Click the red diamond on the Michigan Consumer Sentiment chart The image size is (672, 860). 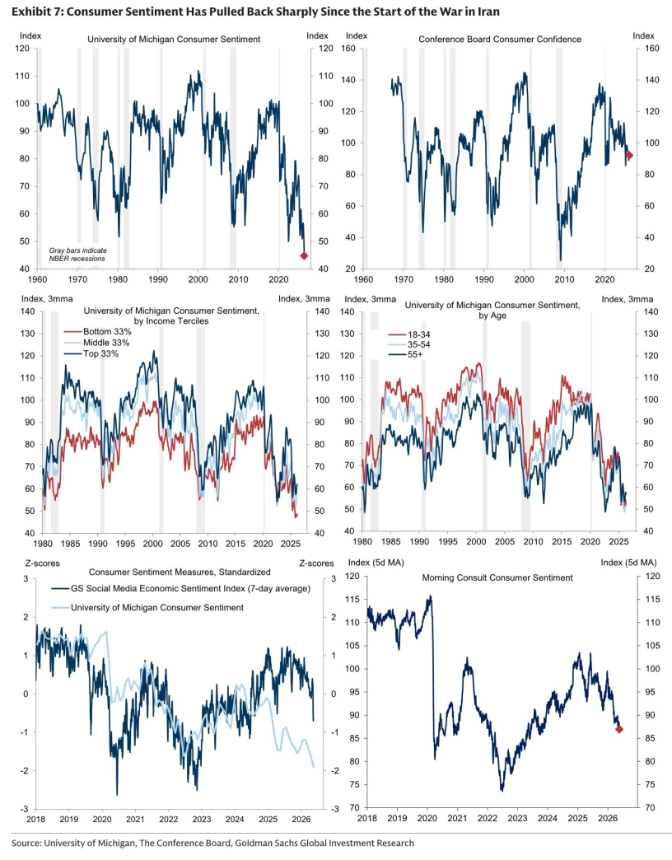[304, 255]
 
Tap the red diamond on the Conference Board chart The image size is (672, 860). [629, 156]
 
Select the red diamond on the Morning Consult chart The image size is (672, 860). [619, 730]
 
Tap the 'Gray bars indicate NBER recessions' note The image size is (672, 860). [78, 255]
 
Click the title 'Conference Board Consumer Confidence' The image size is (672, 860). [500, 40]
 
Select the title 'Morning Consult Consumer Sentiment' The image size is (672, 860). [497, 577]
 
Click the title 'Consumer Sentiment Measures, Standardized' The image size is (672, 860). [180, 572]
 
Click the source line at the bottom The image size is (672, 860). [212, 843]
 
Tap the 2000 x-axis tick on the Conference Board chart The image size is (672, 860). [524, 279]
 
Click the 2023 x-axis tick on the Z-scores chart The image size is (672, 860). [202, 819]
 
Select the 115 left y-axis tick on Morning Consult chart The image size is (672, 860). [352, 600]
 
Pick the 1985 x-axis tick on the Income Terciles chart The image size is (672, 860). [70, 544]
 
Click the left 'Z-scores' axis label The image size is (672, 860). [43, 563]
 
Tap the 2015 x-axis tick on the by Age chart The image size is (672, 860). [562, 542]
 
